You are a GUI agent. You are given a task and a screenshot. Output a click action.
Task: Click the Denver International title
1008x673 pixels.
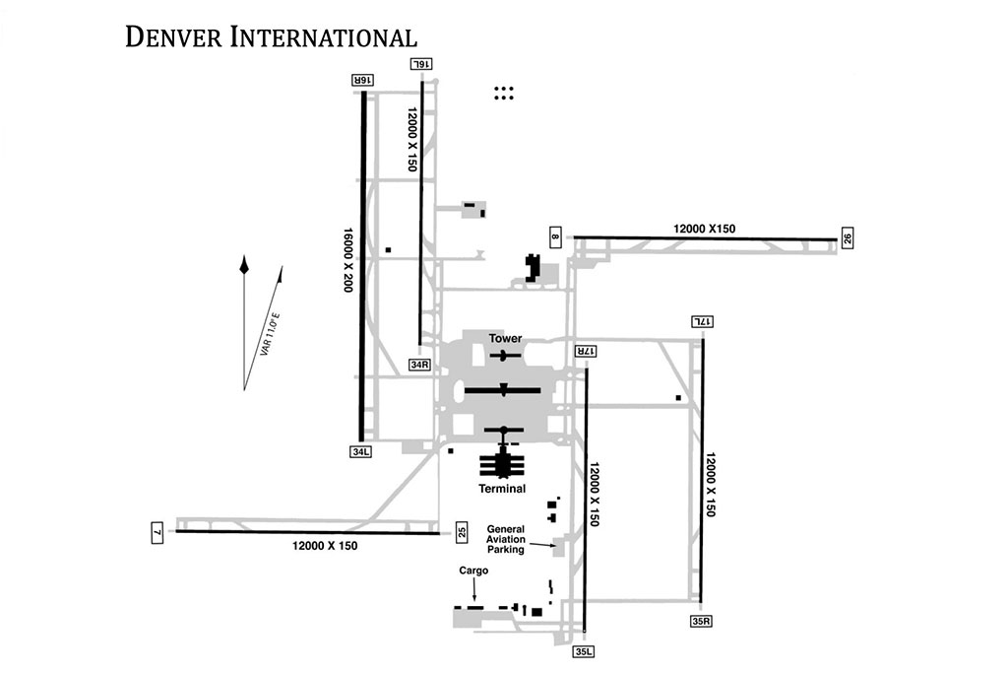point(271,37)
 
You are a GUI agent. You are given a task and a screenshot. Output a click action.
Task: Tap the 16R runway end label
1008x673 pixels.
point(361,80)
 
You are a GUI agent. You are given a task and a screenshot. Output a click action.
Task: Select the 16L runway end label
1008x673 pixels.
point(421,64)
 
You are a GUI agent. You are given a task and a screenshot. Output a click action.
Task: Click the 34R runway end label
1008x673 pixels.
point(421,365)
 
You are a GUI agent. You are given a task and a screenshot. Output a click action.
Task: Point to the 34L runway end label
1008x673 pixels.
point(360,452)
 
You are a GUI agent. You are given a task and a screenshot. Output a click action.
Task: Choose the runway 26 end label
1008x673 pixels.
point(847,238)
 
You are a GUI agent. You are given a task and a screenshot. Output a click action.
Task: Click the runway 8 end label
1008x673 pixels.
point(555,237)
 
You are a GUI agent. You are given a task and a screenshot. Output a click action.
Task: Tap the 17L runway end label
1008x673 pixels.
point(701,322)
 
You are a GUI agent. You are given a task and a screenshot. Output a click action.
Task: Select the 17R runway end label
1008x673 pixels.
point(585,351)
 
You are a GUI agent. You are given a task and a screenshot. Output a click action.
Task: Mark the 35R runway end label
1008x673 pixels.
point(701,621)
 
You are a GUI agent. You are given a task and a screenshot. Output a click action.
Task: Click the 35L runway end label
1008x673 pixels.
point(584,651)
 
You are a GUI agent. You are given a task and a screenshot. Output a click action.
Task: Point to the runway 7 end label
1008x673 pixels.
point(157,533)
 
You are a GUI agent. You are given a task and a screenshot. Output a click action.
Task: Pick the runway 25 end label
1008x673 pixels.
point(463,533)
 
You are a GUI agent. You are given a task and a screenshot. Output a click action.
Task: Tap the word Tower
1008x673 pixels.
point(506,339)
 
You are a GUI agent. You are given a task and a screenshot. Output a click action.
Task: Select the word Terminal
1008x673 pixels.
point(502,488)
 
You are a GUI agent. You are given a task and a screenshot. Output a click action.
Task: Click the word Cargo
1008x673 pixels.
point(473,571)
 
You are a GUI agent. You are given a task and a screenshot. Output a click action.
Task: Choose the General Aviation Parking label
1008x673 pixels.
point(505,539)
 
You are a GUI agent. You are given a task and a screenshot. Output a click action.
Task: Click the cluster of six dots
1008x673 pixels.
point(504,93)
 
